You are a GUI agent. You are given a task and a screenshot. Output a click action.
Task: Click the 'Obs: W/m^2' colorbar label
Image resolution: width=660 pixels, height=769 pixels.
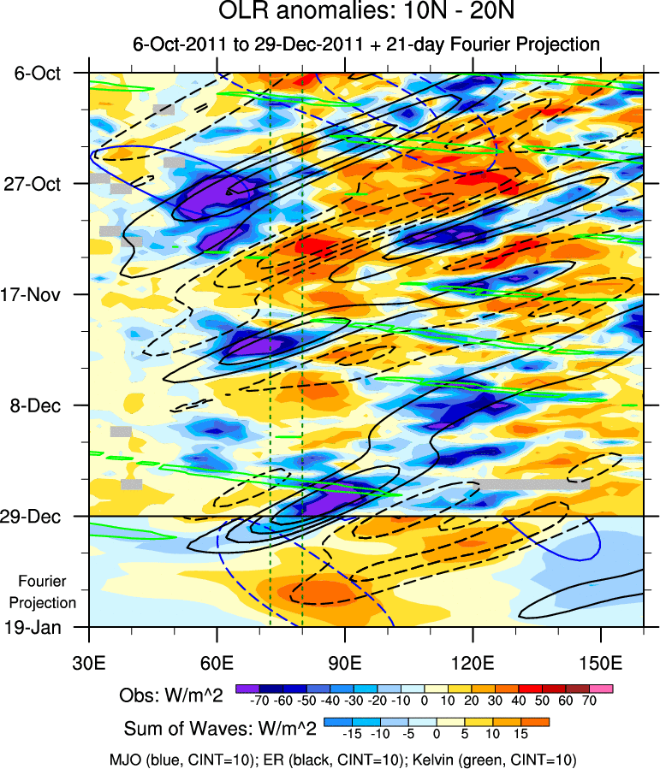(170, 695)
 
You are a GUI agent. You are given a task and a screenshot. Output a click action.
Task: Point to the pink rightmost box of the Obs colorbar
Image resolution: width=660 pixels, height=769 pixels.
(601, 689)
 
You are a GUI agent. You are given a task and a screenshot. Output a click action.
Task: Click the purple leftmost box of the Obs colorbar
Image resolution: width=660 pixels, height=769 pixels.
(247, 689)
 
